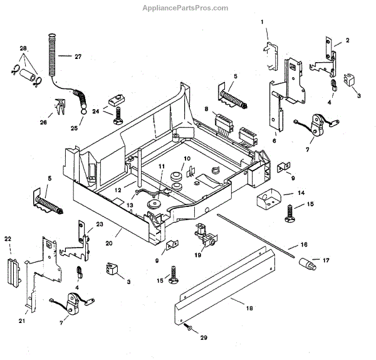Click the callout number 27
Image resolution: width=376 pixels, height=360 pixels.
tap(78, 56)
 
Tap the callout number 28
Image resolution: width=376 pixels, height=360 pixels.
tap(23, 48)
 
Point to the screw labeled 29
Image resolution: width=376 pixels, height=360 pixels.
tap(188, 328)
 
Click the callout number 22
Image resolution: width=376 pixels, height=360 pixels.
tap(8, 238)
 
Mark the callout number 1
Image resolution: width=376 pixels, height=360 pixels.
tap(263, 22)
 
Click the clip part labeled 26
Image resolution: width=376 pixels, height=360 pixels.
tap(60, 108)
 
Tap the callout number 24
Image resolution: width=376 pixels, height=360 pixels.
tap(96, 112)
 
